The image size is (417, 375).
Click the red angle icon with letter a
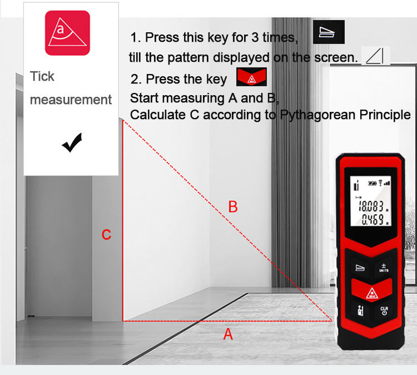point(67,33)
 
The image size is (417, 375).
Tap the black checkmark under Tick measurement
point(72,142)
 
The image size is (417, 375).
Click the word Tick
point(42,76)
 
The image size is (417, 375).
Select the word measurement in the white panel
point(71,100)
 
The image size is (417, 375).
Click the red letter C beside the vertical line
point(106,235)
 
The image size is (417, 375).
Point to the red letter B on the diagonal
point(233,207)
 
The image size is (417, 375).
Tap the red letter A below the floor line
point(228,334)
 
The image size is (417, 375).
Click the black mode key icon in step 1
point(329,32)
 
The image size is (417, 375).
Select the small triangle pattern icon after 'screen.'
point(375,56)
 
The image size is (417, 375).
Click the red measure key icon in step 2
point(251,77)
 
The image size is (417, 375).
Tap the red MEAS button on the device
point(372,290)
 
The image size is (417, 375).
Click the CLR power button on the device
point(384,310)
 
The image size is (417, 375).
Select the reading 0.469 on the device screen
point(375,220)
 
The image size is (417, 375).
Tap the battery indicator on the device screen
point(372,184)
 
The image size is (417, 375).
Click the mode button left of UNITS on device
point(360,268)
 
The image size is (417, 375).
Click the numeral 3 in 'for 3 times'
point(255,37)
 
